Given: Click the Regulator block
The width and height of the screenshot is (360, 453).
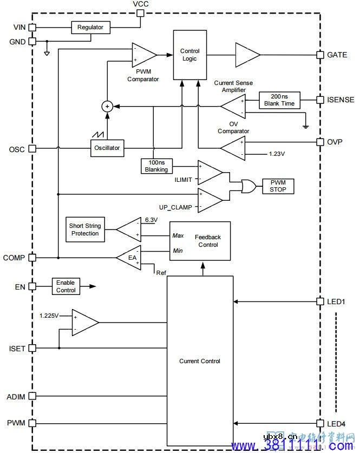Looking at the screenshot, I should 90,27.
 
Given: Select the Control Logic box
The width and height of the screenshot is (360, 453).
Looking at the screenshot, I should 190,55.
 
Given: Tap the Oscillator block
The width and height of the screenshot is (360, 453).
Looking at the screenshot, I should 108,147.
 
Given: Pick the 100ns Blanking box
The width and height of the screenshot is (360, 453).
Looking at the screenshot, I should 156,166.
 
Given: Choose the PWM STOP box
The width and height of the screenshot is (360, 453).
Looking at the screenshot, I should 278,186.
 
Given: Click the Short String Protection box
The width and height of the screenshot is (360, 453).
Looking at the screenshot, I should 84,229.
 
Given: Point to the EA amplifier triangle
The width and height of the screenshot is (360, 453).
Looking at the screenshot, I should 130,258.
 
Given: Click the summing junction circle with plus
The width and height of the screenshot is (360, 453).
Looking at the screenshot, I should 107,106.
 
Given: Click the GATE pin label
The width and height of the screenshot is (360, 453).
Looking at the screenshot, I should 337,55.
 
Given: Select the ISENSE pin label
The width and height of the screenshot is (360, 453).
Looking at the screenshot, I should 341,100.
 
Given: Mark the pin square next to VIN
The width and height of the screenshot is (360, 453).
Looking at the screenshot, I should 33,27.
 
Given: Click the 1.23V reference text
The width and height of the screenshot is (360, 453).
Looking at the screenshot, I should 277,154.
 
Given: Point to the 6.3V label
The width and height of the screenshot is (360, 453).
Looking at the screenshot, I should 151,219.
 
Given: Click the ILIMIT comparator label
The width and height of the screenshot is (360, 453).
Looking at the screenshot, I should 183,179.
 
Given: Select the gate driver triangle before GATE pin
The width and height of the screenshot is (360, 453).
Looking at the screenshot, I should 246,55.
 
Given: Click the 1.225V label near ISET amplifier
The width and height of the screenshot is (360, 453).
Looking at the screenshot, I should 49,315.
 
